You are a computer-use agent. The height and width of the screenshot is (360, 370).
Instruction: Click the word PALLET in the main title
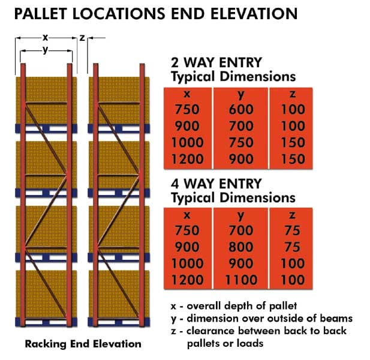41,13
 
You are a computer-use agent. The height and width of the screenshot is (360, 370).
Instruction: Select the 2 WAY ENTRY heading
216,62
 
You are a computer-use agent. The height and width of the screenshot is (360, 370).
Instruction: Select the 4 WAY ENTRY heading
216,184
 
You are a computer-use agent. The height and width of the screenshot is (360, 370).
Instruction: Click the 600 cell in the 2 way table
241,109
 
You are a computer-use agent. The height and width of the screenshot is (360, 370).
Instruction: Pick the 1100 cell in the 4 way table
241,280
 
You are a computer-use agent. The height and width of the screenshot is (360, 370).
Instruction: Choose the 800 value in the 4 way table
241,247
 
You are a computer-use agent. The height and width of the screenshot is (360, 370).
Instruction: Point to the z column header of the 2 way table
293,94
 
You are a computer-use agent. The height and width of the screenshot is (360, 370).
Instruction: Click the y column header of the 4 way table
240,216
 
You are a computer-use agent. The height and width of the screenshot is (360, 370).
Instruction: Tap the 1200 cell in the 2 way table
187,159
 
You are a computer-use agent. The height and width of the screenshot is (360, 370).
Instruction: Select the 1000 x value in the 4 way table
187,263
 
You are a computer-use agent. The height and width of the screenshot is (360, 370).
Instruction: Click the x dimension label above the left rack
45,37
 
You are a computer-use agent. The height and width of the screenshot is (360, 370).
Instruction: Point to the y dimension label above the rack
46,50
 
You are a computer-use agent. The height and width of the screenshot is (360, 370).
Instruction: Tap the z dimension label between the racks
82,38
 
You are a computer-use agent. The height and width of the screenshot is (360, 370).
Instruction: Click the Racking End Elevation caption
83,344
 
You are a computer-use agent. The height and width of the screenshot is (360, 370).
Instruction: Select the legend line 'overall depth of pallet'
234,306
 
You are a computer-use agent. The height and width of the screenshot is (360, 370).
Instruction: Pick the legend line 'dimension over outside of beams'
261,319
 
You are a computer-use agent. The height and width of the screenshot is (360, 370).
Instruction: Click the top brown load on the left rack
46,100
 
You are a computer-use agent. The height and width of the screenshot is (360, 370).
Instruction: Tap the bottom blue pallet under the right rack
119,322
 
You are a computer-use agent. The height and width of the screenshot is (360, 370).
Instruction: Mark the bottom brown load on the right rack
119,294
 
